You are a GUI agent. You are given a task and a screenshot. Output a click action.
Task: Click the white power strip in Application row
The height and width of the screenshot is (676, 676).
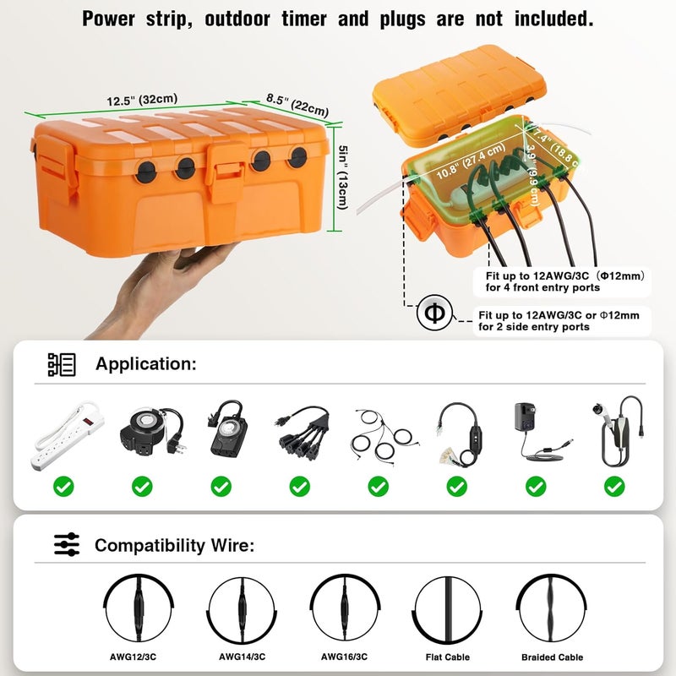pyautogui.click(x=64, y=438)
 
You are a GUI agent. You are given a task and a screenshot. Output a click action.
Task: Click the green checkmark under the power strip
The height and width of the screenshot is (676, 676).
pyautogui.click(x=64, y=486)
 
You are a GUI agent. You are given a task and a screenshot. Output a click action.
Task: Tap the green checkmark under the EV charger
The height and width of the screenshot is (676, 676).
pyautogui.click(x=614, y=486)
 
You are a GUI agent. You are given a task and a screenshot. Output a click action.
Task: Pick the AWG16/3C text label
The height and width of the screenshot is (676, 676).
pyautogui.click(x=344, y=657)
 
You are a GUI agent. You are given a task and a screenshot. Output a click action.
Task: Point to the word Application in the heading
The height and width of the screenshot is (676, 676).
pyautogui.click(x=145, y=364)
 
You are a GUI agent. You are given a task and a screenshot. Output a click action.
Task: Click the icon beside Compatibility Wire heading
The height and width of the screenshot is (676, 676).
pyautogui.click(x=67, y=545)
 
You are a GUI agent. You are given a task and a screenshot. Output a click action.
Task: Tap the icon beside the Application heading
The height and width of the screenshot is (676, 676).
pyautogui.click(x=62, y=364)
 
